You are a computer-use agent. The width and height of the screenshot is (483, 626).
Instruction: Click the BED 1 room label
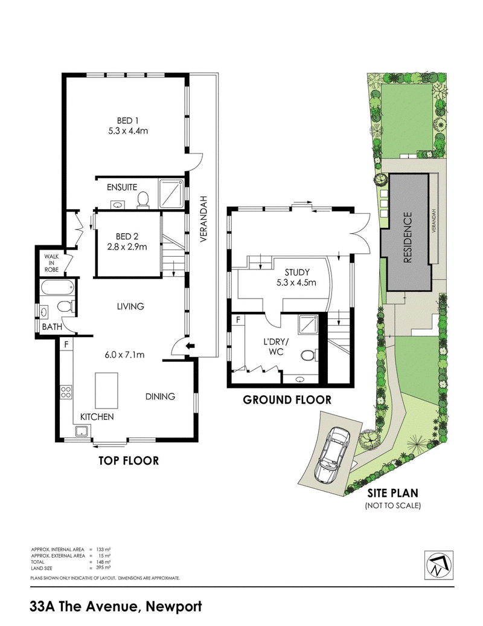[x=127, y=121]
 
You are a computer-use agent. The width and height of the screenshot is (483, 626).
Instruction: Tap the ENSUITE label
[x=122, y=187]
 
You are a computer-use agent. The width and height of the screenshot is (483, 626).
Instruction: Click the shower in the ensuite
[x=172, y=193]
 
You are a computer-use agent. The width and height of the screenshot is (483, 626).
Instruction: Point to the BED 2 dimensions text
[x=127, y=247]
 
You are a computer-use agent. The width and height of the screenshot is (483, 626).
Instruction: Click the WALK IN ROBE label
[x=51, y=263]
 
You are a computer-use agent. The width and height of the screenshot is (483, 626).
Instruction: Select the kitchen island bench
[x=106, y=390]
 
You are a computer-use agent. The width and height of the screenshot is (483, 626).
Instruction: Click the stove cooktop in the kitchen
[x=66, y=392]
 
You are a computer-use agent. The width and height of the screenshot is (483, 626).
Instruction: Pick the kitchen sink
[x=82, y=431]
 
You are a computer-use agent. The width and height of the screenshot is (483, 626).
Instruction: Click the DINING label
[x=160, y=396]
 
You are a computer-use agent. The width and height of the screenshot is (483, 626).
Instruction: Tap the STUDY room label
[x=296, y=273]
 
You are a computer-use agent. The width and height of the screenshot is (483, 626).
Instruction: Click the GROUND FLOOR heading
[x=287, y=399]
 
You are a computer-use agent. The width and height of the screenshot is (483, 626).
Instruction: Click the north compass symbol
[x=438, y=566]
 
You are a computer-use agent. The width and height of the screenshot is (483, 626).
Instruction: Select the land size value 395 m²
[x=103, y=567]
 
